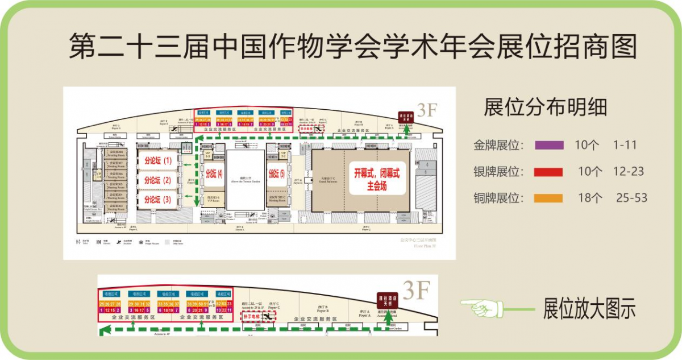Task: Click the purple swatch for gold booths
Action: coord(549,145)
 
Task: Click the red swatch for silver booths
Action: coord(549,172)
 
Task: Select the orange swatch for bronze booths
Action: coord(549,198)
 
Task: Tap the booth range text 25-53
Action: coord(632,198)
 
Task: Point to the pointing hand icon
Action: coord(482,308)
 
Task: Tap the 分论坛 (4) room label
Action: coord(214,173)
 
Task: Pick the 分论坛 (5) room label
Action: coord(276,173)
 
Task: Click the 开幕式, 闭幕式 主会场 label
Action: coord(377,179)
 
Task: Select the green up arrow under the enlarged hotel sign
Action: coord(389,320)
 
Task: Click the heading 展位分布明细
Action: coord(545,107)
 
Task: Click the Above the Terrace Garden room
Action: coord(246,179)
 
